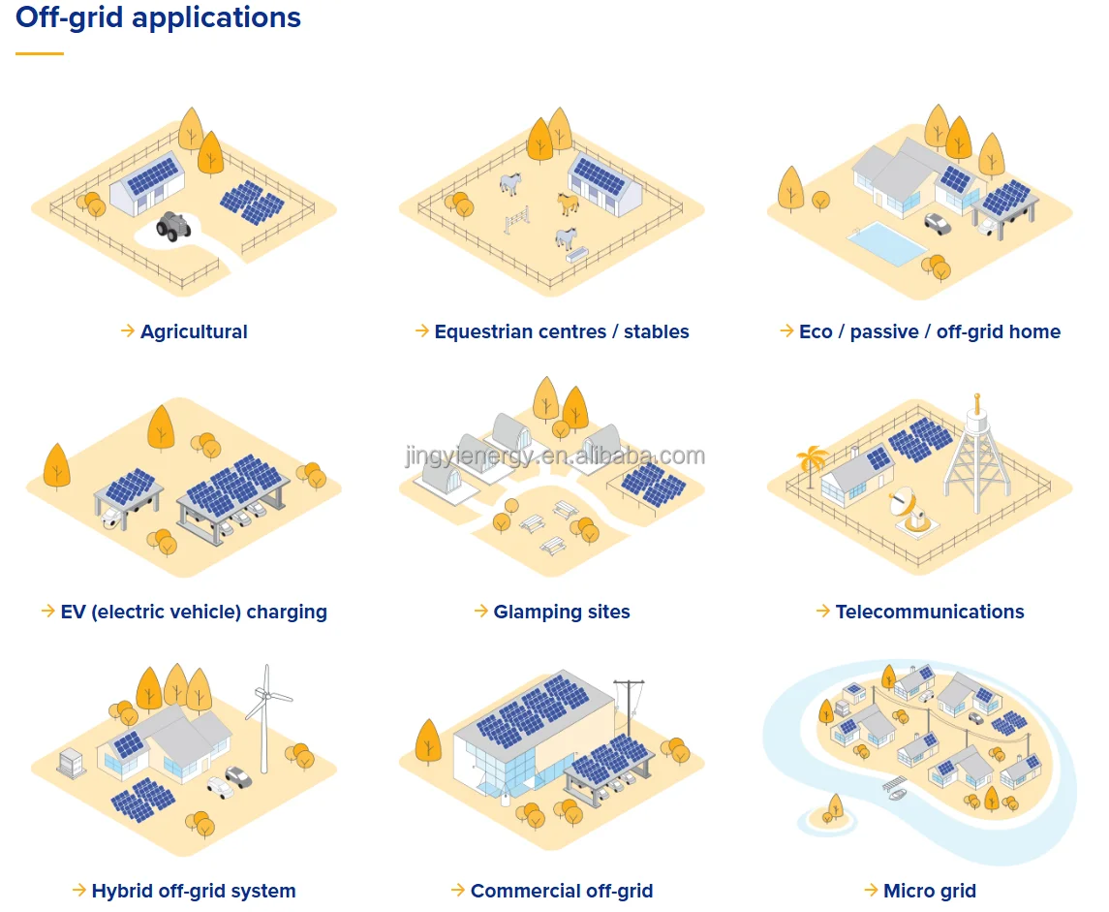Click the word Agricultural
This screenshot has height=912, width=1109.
[x=194, y=331]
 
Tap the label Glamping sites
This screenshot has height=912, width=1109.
[x=562, y=612]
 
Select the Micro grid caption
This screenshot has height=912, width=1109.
[x=930, y=891]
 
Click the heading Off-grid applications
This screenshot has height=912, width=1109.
[x=158, y=17]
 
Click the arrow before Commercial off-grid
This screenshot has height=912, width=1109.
[x=458, y=890]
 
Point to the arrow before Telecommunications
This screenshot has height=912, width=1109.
[x=823, y=611]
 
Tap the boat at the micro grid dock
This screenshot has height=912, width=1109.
[x=896, y=791]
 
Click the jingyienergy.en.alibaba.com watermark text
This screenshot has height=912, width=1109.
[x=555, y=456]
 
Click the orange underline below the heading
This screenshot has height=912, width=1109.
[x=40, y=53]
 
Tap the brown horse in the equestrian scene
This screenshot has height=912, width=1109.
[x=569, y=203]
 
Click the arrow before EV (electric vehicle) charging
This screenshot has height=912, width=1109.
[x=47, y=611]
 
